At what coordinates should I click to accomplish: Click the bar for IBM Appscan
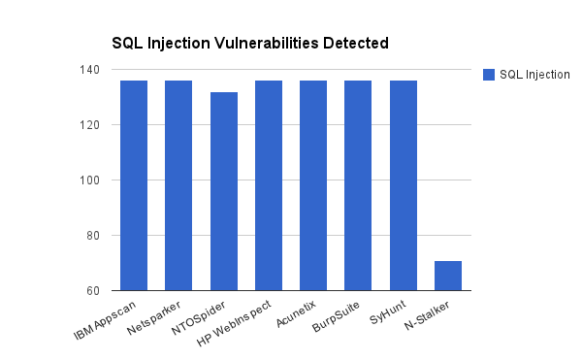(134, 185)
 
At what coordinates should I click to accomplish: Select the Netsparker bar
(178, 185)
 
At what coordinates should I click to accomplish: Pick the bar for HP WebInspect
(269, 185)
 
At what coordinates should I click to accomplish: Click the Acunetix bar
(313, 185)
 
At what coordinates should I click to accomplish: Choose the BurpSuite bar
(358, 185)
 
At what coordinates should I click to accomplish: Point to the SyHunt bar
(404, 185)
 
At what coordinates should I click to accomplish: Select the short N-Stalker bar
(448, 276)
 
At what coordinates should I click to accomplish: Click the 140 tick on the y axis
(92, 70)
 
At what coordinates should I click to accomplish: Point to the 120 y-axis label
(92, 125)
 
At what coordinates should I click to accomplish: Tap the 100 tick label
(92, 180)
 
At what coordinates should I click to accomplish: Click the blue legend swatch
(489, 75)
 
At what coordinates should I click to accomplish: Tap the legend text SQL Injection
(534, 75)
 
